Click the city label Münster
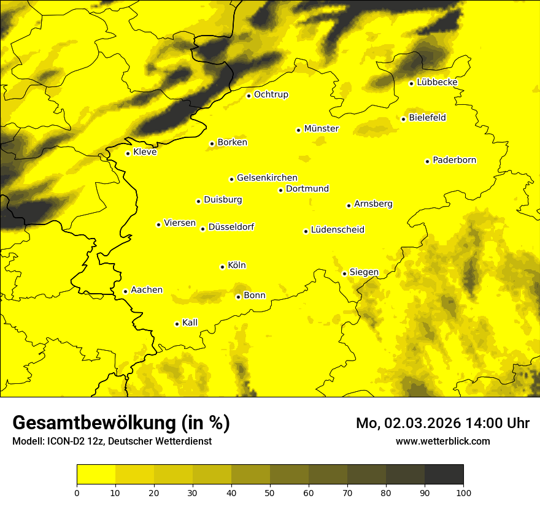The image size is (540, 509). (x=321, y=129)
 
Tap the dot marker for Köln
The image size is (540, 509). (x=222, y=267)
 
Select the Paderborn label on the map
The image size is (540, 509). (x=454, y=160)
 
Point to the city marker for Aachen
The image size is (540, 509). (x=125, y=291)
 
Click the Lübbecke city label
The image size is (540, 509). (x=437, y=82)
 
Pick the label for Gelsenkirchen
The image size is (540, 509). (x=267, y=178)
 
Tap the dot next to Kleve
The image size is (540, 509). (x=128, y=153)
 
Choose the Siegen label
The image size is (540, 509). (x=364, y=272)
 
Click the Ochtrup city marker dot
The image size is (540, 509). (x=249, y=96)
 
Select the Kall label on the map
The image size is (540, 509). (x=190, y=323)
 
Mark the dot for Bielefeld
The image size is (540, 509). (x=403, y=119)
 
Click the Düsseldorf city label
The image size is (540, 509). (x=231, y=227)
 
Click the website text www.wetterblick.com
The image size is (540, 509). (x=442, y=441)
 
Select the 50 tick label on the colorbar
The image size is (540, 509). (x=270, y=492)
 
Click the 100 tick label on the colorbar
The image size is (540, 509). (x=463, y=492)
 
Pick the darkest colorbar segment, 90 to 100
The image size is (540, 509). (x=444, y=475)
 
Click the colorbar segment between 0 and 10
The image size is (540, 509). (x=96, y=475)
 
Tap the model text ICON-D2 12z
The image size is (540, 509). (x=73, y=442)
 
